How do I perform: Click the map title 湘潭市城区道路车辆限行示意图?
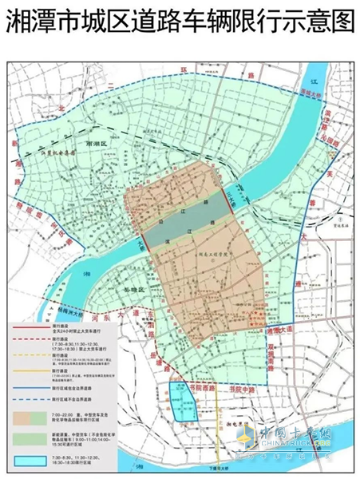[180, 22]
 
